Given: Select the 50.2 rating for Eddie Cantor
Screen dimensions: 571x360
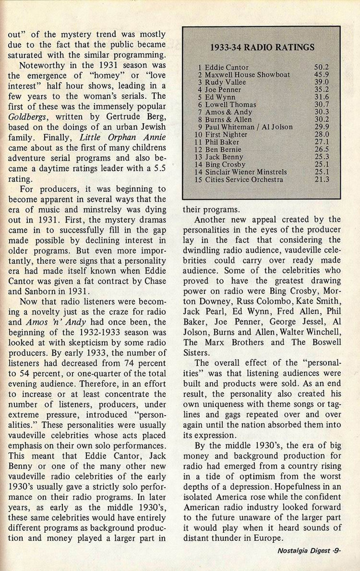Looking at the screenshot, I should point(322,67).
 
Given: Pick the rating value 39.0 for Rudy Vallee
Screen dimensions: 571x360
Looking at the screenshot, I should point(322,82).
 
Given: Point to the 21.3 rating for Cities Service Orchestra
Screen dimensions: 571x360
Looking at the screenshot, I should point(322,179).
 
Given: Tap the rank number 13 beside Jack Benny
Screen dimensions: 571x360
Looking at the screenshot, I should point(198,157).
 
